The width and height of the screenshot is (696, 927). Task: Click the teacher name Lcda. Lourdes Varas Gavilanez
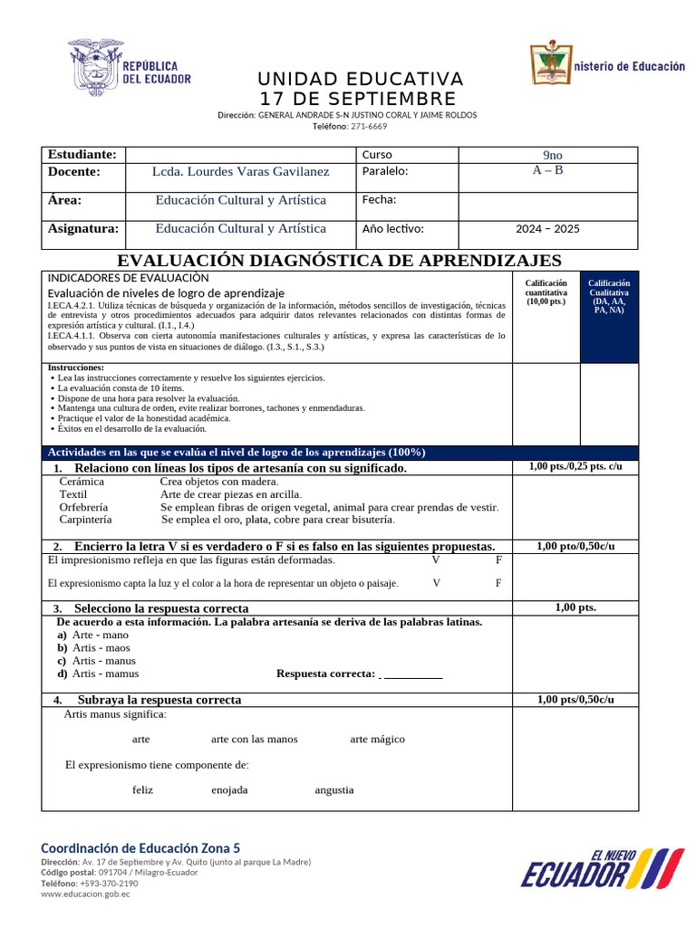(241, 171)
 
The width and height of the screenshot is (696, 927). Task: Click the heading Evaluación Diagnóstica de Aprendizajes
(346, 261)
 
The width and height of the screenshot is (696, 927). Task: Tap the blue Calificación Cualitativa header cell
(609, 297)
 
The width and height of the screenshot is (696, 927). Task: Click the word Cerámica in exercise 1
(82, 483)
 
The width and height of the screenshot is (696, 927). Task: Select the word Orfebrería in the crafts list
(83, 508)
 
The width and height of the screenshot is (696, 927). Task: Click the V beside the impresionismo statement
(436, 560)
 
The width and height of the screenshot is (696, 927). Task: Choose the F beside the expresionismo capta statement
(498, 583)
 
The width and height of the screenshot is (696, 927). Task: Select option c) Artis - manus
(103, 661)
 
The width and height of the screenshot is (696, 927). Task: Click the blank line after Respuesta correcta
(412, 674)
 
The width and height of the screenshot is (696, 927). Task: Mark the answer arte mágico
(377, 740)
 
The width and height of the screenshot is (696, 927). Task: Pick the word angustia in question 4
(334, 790)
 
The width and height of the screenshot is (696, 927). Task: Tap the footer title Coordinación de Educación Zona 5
(140, 848)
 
